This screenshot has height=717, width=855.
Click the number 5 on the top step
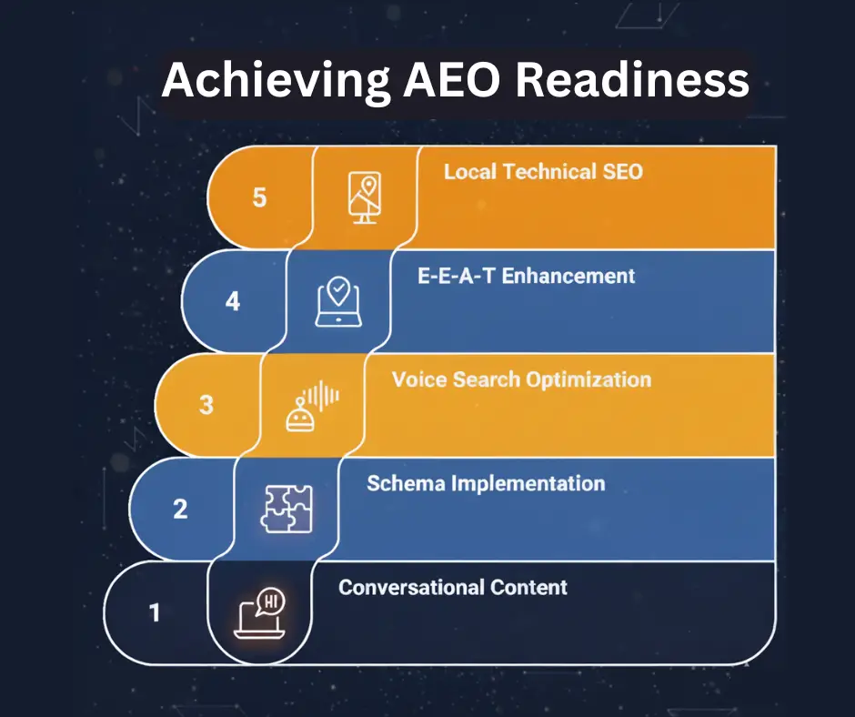259,197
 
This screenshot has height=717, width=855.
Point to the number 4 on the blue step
233,301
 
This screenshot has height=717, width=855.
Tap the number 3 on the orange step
206,405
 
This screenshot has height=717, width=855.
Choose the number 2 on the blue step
180,508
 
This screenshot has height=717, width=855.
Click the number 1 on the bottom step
155,612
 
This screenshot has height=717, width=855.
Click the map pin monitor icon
365,197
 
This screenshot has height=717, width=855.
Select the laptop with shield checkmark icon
338,301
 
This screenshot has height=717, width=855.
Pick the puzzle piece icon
287,509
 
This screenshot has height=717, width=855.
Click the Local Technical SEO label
543,172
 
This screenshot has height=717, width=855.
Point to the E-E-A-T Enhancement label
526,276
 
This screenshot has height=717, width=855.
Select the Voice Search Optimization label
521,379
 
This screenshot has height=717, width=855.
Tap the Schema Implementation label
486,483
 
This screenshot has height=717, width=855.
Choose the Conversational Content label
453,587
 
